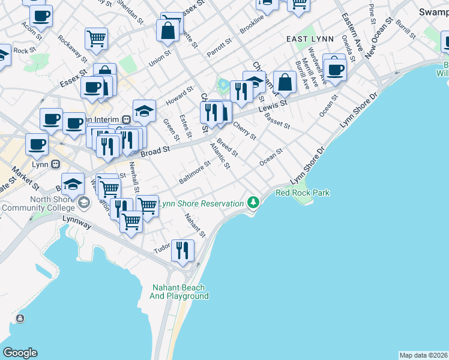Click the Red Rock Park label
tap(303, 193)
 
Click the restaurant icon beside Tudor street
tap(182, 249)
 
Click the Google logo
tap(20, 352)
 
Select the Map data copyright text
tap(423, 355)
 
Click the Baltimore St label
tap(194, 173)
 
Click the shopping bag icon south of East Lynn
tap(285, 83)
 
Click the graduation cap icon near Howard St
tap(144, 110)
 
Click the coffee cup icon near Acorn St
tap(41, 16)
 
